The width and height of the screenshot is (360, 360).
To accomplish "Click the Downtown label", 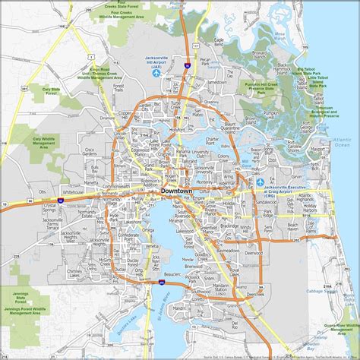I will point(179,191).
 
